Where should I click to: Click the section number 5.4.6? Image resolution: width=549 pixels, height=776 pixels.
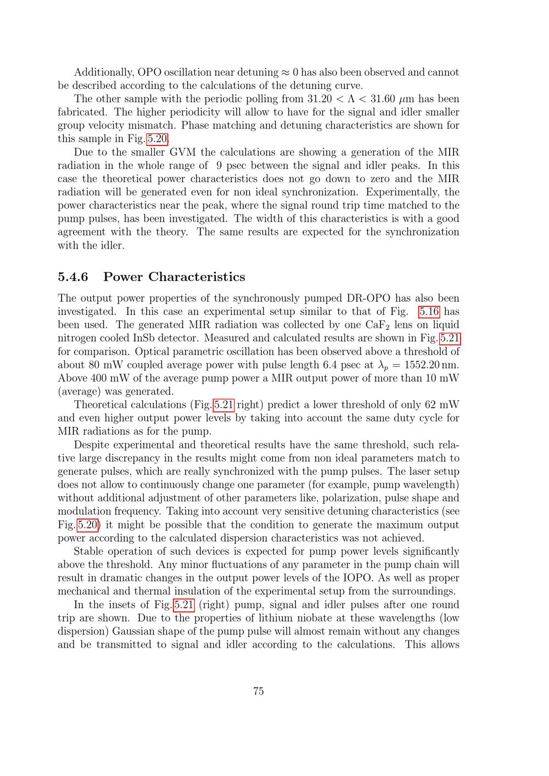pos(72,277)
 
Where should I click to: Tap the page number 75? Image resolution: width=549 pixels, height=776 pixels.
pos(259,691)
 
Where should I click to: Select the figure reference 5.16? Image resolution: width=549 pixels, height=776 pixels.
pos(429,312)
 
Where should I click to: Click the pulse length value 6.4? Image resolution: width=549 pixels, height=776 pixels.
pos(334,365)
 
